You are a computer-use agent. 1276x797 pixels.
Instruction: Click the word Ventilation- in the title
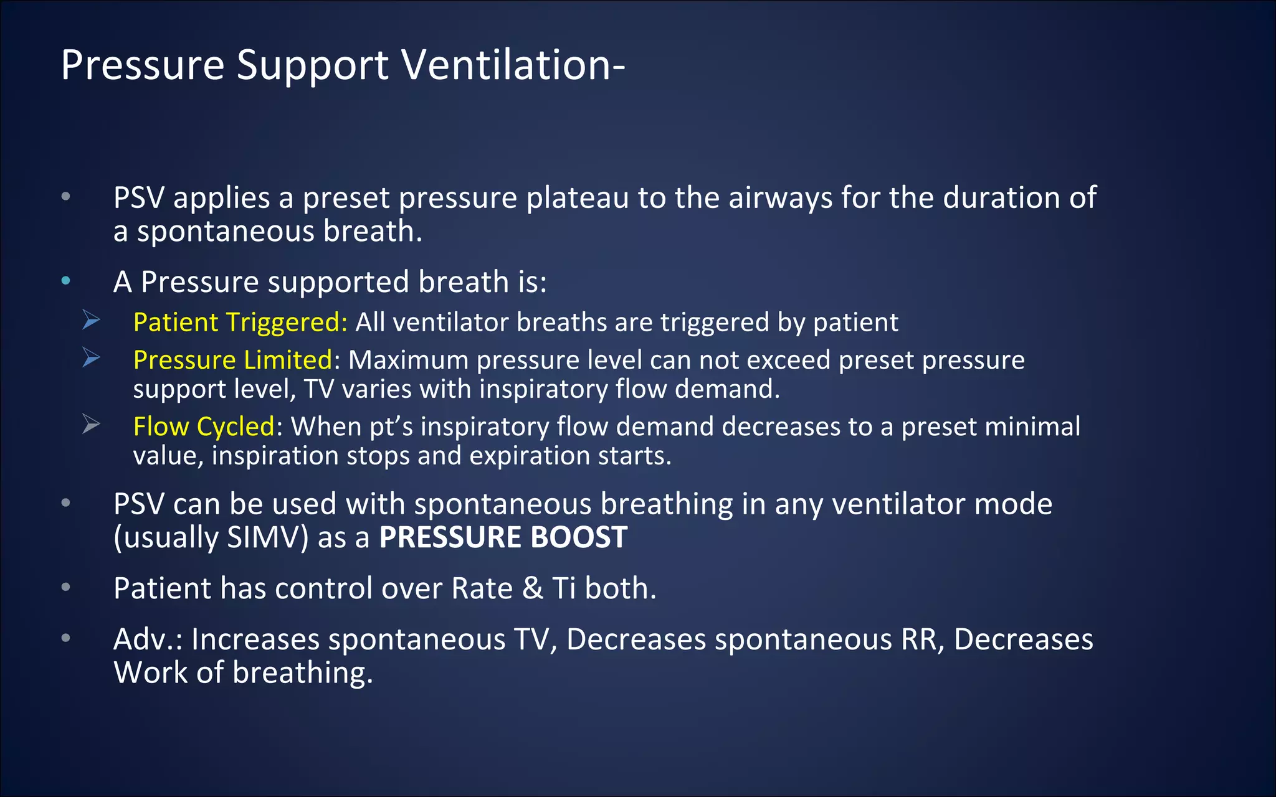[x=512, y=65]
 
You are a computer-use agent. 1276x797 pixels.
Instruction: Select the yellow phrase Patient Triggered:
[x=240, y=323]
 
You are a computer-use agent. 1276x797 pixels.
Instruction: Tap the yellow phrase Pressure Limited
[x=232, y=360]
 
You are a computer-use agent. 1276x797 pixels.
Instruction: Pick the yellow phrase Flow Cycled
[x=204, y=427]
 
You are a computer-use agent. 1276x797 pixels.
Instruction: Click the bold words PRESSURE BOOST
[x=503, y=537]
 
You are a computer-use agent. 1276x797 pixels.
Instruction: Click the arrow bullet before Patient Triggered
[x=92, y=321]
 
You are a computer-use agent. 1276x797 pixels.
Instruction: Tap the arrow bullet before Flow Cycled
[x=92, y=425]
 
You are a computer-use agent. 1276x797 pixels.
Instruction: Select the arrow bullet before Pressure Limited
[x=92, y=358]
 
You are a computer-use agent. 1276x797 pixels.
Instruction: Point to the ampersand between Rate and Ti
[x=533, y=588]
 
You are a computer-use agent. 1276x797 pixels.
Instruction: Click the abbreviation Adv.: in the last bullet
[x=148, y=639]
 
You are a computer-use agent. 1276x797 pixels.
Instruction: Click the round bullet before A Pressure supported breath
[x=66, y=281]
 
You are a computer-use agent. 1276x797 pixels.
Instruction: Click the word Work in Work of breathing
[x=150, y=672]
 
